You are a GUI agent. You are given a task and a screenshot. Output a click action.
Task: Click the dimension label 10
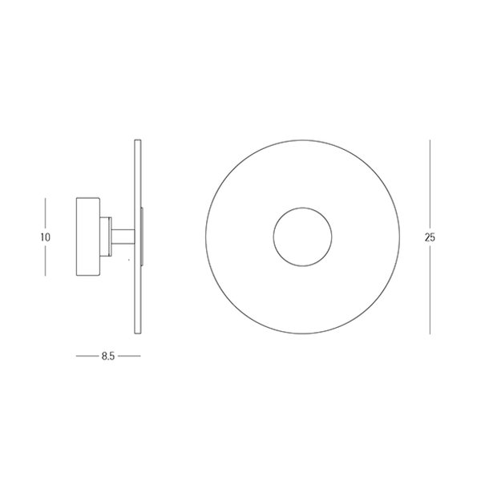point(46,237)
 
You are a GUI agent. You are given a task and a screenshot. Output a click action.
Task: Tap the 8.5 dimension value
point(108,356)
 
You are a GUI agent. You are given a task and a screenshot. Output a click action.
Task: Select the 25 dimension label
point(430,237)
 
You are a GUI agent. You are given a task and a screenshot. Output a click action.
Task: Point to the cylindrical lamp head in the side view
point(87,236)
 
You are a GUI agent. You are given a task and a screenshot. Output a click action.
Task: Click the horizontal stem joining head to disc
point(123,236)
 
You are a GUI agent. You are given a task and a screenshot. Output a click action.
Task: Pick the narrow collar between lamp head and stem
point(106,236)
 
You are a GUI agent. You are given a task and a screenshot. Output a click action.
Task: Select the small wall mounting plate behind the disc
point(142,236)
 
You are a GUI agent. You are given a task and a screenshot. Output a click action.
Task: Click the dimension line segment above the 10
point(46,214)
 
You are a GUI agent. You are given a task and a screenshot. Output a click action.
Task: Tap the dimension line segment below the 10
point(46,260)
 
